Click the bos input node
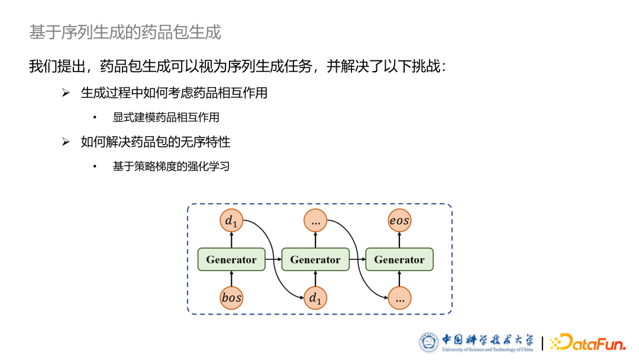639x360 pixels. pyautogui.click(x=231, y=297)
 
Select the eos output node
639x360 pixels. pyautogui.click(x=399, y=221)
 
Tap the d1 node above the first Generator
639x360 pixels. pyautogui.click(x=231, y=221)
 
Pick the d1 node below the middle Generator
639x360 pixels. pyautogui.click(x=315, y=297)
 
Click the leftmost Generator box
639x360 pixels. pyautogui.click(x=231, y=259)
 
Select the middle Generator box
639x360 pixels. pyautogui.click(x=315, y=259)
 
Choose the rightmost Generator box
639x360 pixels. pyautogui.click(x=399, y=259)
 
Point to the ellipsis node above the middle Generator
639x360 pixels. pyautogui.click(x=315, y=221)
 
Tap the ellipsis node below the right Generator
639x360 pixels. pyautogui.click(x=399, y=297)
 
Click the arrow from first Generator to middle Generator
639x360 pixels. pyautogui.click(x=273, y=259)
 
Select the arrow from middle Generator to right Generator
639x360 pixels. pyautogui.click(x=357, y=259)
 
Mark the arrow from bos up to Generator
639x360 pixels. pyautogui.click(x=231, y=278)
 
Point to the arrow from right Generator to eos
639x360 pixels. pyautogui.click(x=399, y=240)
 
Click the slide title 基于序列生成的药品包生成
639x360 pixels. pyautogui.click(x=125, y=32)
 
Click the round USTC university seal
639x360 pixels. pyautogui.click(x=429, y=342)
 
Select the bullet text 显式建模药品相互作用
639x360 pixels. pyautogui.click(x=166, y=117)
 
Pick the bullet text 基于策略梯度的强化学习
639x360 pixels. pyautogui.click(x=171, y=166)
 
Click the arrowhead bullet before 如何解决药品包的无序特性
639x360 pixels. pyautogui.click(x=66, y=142)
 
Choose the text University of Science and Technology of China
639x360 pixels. pyautogui.click(x=487, y=349)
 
